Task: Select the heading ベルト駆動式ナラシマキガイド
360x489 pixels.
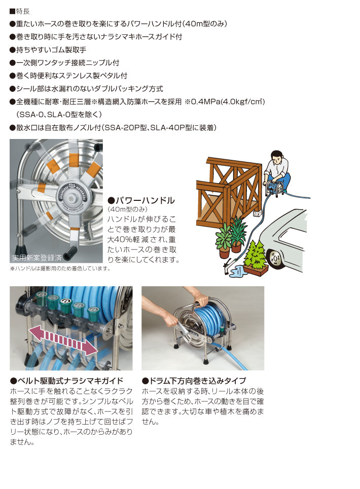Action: (66, 380)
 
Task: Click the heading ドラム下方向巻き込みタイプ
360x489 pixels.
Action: (194, 380)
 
